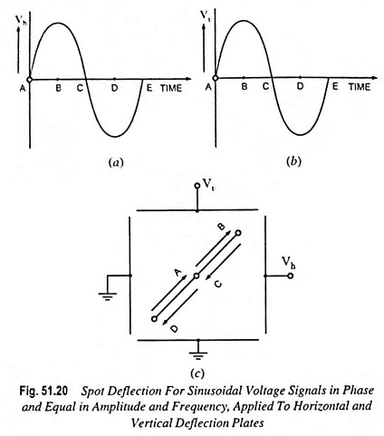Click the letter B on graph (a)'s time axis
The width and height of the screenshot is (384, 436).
(59, 88)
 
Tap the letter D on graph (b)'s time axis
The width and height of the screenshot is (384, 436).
(300, 87)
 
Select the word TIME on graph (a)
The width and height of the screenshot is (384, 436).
(171, 88)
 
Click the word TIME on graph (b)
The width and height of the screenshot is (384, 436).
(360, 87)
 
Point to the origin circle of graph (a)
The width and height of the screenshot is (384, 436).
(29, 80)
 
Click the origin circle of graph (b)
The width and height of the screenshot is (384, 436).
(216, 78)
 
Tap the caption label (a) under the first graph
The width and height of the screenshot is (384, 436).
(116, 162)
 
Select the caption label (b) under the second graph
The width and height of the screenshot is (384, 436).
(293, 161)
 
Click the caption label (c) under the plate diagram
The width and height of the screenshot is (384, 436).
(197, 373)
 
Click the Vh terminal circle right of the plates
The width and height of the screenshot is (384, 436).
(290, 276)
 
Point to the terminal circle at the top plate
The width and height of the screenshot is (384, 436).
(197, 185)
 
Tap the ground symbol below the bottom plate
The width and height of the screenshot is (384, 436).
(198, 355)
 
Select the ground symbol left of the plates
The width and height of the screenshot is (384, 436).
(108, 296)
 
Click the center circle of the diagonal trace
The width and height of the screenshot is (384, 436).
(197, 276)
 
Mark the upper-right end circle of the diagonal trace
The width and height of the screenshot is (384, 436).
(238, 233)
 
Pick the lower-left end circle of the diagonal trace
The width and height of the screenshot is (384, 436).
(154, 319)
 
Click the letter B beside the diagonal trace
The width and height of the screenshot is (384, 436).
(222, 227)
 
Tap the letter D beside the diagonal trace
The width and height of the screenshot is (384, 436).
(174, 329)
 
